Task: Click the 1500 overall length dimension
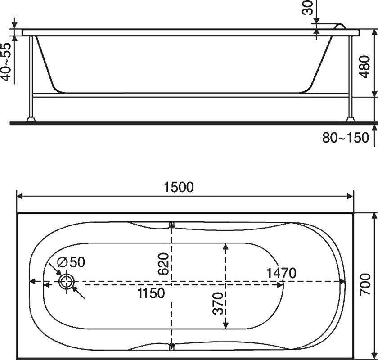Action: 179,187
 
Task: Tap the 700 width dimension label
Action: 365,284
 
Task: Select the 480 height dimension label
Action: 364,67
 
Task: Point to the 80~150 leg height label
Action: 346,138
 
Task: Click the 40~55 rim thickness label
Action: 6,62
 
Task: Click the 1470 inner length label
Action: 281,273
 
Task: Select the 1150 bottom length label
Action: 151,293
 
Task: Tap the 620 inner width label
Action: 163,264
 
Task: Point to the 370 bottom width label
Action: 218,303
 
